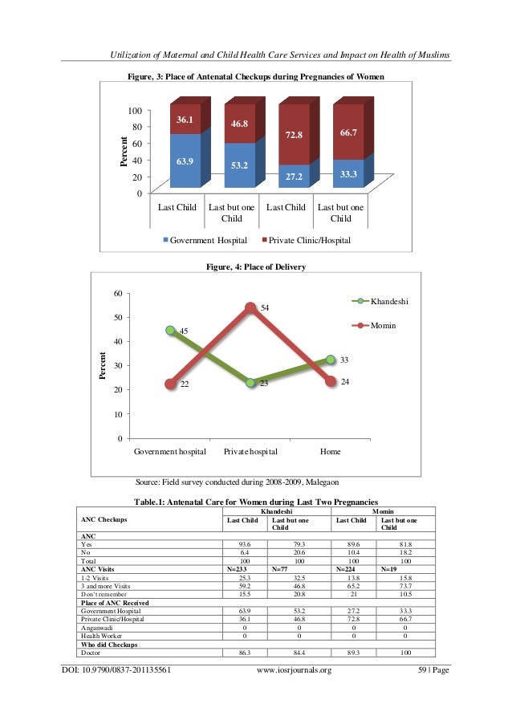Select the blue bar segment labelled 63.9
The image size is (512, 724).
[x=185, y=161]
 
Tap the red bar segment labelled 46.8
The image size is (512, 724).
[x=239, y=124]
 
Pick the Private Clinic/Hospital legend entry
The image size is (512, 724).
[x=308, y=239]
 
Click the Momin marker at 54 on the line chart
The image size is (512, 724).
[x=250, y=307]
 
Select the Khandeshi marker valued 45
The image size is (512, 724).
[x=169, y=330]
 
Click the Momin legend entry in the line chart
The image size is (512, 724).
[x=384, y=325]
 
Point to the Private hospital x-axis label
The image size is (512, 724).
[x=250, y=452]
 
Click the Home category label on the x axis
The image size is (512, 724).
[x=330, y=452]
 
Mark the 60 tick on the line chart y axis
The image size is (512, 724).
[x=117, y=294]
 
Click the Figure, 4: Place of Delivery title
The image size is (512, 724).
[x=256, y=266]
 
